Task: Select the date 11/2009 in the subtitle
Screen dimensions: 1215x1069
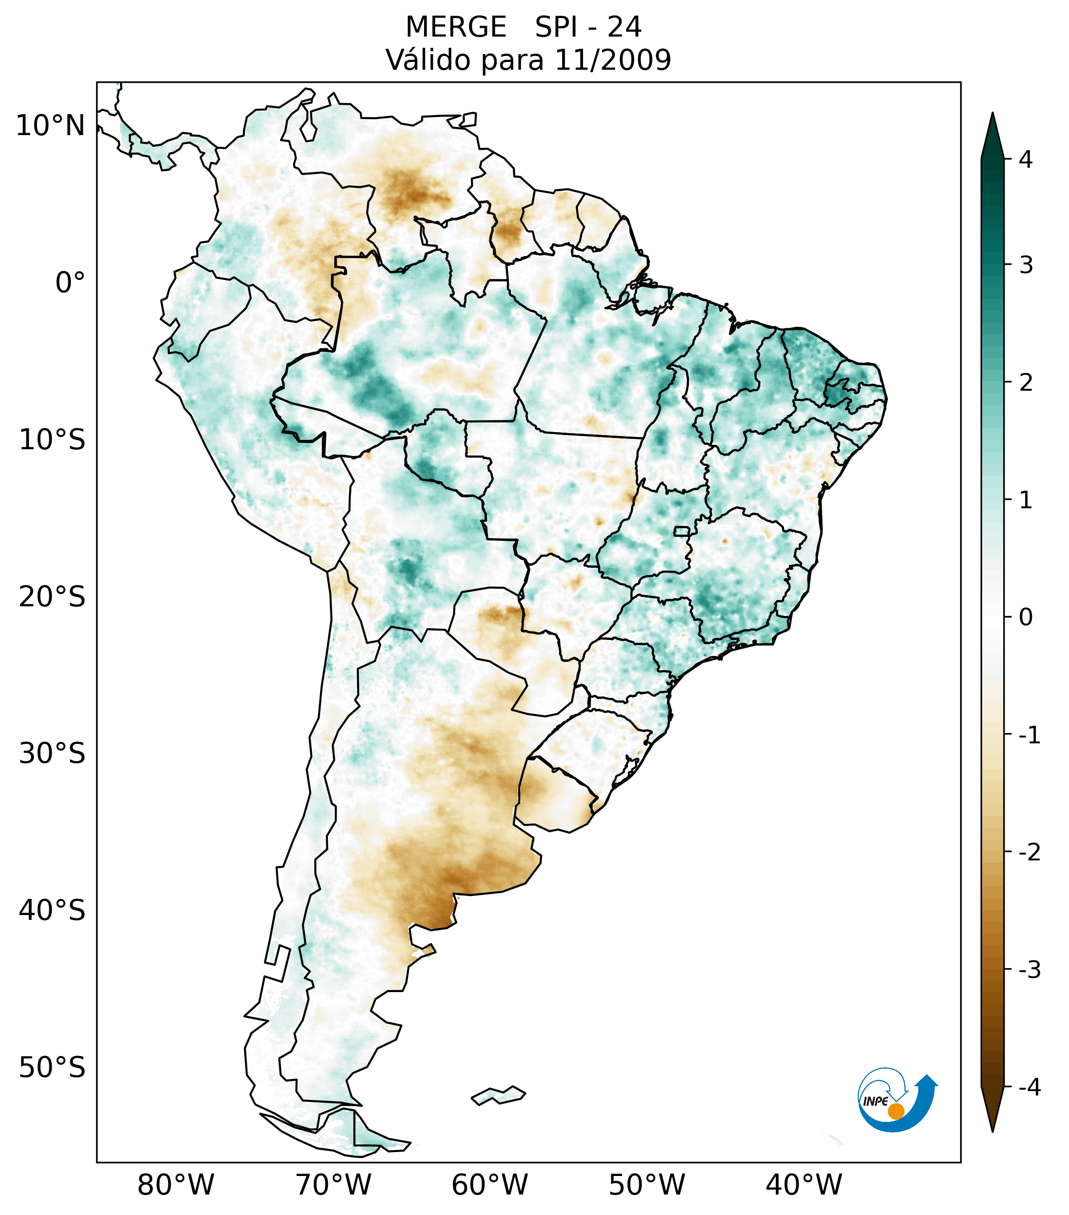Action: coord(612,60)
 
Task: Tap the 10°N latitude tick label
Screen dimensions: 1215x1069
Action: coord(51,126)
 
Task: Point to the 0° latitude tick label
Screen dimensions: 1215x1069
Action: coord(70,282)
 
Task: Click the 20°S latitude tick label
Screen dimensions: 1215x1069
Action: coord(52,597)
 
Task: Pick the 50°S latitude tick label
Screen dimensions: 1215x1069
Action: coord(52,1068)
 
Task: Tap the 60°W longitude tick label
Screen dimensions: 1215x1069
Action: coord(489,1185)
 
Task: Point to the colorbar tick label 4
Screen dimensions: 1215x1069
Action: coord(1026,159)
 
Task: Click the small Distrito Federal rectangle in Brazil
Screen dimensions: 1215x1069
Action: coord(682,531)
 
